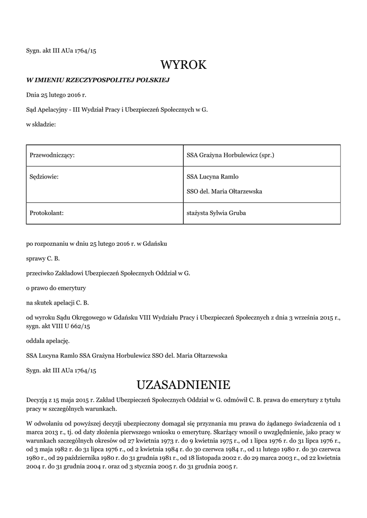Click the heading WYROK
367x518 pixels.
point(183,65)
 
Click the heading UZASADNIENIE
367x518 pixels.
point(183,385)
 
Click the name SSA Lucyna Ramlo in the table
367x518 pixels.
point(212,177)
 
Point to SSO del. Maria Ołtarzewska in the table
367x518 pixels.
point(224,192)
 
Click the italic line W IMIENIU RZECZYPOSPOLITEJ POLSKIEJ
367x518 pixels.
point(98,80)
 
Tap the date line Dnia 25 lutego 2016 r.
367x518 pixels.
point(56,95)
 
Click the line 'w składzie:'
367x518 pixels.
point(41,124)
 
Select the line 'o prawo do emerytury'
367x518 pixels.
point(56,288)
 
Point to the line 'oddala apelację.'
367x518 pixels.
point(48,341)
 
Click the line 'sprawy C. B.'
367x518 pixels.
point(43,258)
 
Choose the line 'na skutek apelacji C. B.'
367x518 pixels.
point(57,303)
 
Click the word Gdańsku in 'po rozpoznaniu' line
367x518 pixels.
point(155,244)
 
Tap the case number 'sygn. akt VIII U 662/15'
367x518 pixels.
point(58,326)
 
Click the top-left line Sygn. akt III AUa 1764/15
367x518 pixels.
point(61,51)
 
